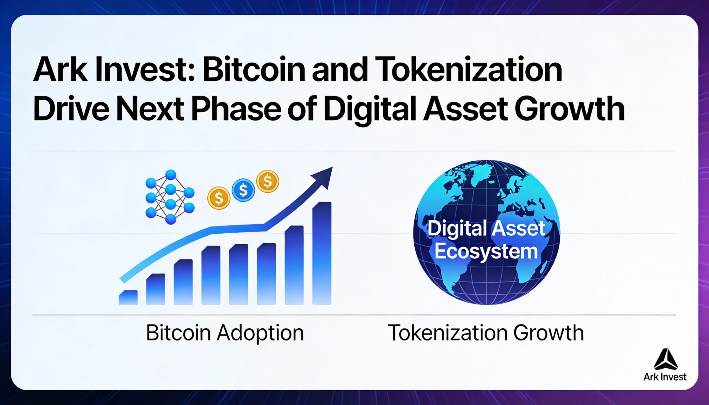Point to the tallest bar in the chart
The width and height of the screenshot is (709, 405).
322,253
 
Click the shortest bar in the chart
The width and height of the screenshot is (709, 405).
128,298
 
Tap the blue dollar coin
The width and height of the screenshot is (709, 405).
243,190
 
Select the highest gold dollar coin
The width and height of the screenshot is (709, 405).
268,181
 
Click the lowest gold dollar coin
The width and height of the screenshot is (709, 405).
219,198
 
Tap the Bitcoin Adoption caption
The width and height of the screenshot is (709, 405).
225,333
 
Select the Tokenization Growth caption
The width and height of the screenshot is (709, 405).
485,333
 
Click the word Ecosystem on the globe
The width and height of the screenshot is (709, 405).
486,251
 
